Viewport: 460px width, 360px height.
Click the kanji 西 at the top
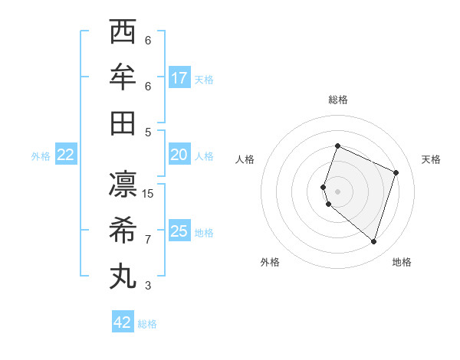[123, 32]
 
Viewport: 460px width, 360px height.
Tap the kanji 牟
[123, 77]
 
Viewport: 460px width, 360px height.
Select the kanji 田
[123, 123]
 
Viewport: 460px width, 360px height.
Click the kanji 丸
[123, 276]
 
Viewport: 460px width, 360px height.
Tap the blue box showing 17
[179, 77]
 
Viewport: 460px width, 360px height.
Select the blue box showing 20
[179, 155]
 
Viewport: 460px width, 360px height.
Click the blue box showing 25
[179, 231]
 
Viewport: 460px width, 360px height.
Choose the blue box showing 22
[66, 155]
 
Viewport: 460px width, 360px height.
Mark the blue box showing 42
[123, 322]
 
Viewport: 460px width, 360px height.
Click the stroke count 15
[148, 194]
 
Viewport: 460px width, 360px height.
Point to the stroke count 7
[148, 239]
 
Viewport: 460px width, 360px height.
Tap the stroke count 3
[148, 286]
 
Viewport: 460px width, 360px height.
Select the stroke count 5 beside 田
[148, 132]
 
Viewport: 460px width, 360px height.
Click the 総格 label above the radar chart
[337, 100]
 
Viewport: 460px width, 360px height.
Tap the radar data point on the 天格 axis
[396, 172]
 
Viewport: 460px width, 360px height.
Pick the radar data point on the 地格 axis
[373, 241]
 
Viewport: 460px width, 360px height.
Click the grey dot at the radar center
[337, 191]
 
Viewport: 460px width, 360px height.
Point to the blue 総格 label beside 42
[147, 323]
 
